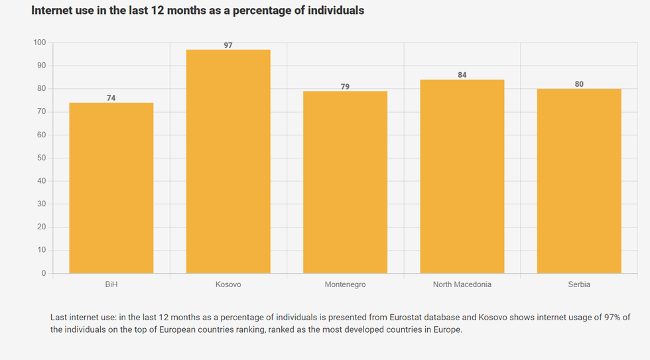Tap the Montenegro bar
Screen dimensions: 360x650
pyautogui.click(x=345, y=182)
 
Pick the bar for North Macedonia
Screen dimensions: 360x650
pyautogui.click(x=462, y=176)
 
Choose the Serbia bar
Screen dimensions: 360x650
pyautogui.click(x=579, y=181)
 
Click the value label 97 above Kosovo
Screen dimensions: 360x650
pyautogui.click(x=228, y=45)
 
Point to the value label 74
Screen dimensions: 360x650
pyautogui.click(x=111, y=98)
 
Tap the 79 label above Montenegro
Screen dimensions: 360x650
pyautogui.click(x=345, y=87)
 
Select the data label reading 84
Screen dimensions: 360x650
pyautogui.click(x=462, y=75)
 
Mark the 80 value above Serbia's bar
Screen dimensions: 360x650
pyautogui.click(x=579, y=84)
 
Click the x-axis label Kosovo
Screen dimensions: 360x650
pyautogui.click(x=228, y=284)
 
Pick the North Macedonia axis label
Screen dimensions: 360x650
pyautogui.click(x=462, y=284)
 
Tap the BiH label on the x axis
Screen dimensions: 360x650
pyautogui.click(x=111, y=284)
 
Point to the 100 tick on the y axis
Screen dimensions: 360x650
pyautogui.click(x=39, y=42)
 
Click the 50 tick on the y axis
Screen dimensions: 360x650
pyautogui.click(x=41, y=158)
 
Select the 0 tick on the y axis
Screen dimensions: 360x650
pyautogui.click(x=43, y=273)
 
